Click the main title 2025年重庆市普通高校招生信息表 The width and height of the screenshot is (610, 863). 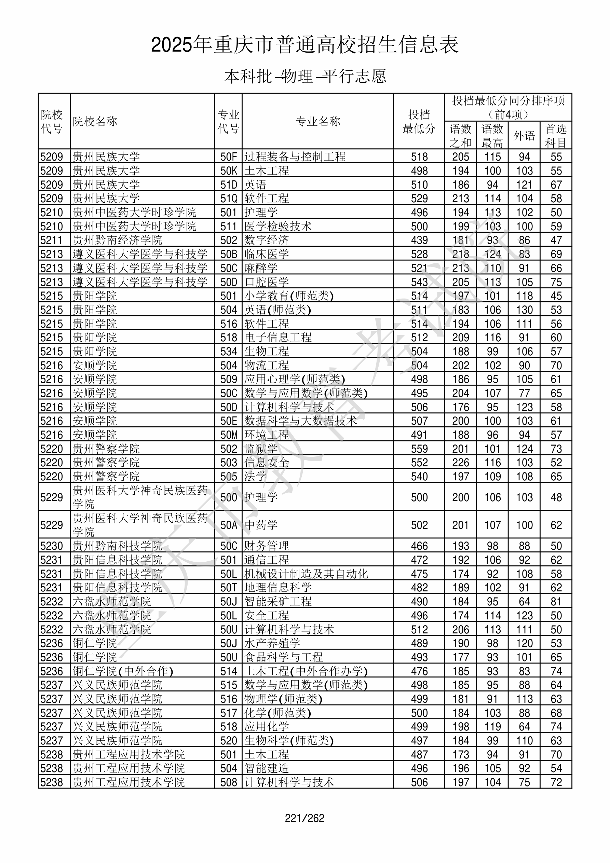[304, 45]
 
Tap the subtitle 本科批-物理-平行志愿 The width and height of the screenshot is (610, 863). [305, 76]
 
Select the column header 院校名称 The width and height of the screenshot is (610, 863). [95, 121]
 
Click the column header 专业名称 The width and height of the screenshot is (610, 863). [318, 121]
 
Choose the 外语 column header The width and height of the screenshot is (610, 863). [524, 136]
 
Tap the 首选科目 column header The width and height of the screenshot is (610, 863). [556, 136]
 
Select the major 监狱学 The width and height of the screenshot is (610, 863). [261, 449]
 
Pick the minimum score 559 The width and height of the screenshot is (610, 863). [419, 449]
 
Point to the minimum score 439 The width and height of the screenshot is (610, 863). [419, 240]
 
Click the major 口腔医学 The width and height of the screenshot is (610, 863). [267, 282]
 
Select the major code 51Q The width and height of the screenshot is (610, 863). [228, 198]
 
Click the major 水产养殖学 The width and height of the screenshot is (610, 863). [272, 643]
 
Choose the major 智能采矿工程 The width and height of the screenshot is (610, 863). [278, 601]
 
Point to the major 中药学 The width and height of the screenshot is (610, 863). [261, 525]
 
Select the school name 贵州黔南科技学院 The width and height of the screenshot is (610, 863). [117, 546]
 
